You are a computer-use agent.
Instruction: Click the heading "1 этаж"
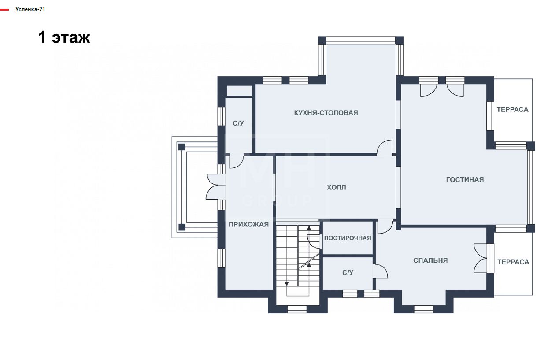pyautogui.click(x=64, y=38)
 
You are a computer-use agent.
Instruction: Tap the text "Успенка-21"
pyautogui.click(x=30, y=9)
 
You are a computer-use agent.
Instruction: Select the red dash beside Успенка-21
pyautogui.click(x=4, y=10)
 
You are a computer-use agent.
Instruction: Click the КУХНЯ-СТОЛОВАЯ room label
pyautogui.click(x=326, y=113)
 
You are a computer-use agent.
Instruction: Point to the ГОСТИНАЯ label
pyautogui.click(x=465, y=179)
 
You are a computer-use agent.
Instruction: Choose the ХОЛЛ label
pyautogui.click(x=337, y=187)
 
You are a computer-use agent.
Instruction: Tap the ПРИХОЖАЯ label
pyautogui.click(x=248, y=224)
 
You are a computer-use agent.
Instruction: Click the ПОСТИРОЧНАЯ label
pyautogui.click(x=348, y=238)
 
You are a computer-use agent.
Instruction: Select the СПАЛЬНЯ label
pyautogui.click(x=430, y=260)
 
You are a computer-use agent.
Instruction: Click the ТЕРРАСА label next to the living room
pyautogui.click(x=513, y=109)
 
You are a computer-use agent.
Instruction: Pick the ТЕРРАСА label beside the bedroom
pyautogui.click(x=513, y=262)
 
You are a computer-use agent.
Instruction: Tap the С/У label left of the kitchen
pyautogui.click(x=238, y=123)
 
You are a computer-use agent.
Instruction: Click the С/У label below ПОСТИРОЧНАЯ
pyautogui.click(x=348, y=272)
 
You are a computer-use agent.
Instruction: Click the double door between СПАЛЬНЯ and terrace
pyautogui.click(x=481, y=258)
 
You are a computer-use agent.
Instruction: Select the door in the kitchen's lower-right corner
pyautogui.click(x=385, y=148)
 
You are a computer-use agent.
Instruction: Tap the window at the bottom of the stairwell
pyautogui.click(x=297, y=309)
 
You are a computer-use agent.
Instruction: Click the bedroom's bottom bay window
pyautogui.click(x=423, y=309)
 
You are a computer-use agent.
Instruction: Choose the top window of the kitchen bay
pyautogui.click(x=361, y=40)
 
